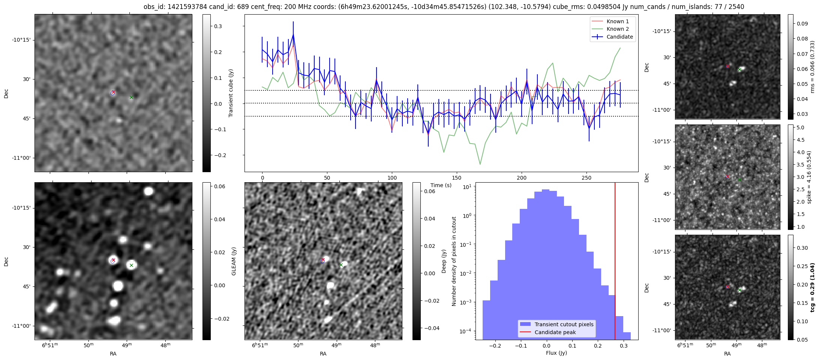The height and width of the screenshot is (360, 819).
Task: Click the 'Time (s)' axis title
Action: pyautogui.click(x=441, y=185)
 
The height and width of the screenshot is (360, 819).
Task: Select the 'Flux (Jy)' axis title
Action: pyautogui.click(x=556, y=353)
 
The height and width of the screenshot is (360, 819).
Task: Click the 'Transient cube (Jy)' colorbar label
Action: pyautogui.click(x=231, y=93)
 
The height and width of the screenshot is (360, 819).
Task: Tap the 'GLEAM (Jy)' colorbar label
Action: pyautogui.click(x=234, y=261)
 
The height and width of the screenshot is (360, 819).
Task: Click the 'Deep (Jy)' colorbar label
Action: pyautogui.click(x=444, y=261)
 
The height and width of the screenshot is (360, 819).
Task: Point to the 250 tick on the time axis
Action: pyautogui.click(x=586, y=177)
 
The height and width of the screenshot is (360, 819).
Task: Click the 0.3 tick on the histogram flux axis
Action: pyautogui.click(x=623, y=346)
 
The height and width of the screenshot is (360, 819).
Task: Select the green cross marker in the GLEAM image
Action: pyautogui.click(x=131, y=265)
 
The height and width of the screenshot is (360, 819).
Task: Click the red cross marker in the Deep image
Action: pyautogui.click(x=323, y=259)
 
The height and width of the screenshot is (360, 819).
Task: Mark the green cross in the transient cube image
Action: pyautogui.click(x=131, y=97)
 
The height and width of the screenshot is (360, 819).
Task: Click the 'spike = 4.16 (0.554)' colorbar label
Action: pyautogui.click(x=809, y=177)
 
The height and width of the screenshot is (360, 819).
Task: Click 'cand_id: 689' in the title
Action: pyautogui.click(x=228, y=7)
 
